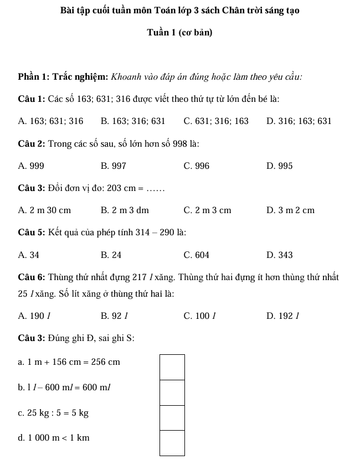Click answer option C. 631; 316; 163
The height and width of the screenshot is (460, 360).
click(x=215, y=121)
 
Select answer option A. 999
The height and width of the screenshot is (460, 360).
click(x=31, y=166)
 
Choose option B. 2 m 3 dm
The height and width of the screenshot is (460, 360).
click(x=125, y=210)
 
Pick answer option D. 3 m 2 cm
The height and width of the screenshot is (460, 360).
click(x=290, y=210)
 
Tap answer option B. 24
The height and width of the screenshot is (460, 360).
click(x=111, y=255)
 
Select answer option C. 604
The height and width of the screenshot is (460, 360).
click(x=196, y=255)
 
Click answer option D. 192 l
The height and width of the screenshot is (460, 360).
click(x=282, y=317)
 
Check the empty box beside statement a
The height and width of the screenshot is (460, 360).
click(x=172, y=367)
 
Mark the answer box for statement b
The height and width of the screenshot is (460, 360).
click(x=172, y=392)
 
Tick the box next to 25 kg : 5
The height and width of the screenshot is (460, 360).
click(x=172, y=417)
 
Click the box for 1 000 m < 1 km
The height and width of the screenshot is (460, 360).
click(x=172, y=443)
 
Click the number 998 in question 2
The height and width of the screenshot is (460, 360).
click(x=178, y=144)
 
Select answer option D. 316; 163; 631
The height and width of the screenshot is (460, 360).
click(x=299, y=121)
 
